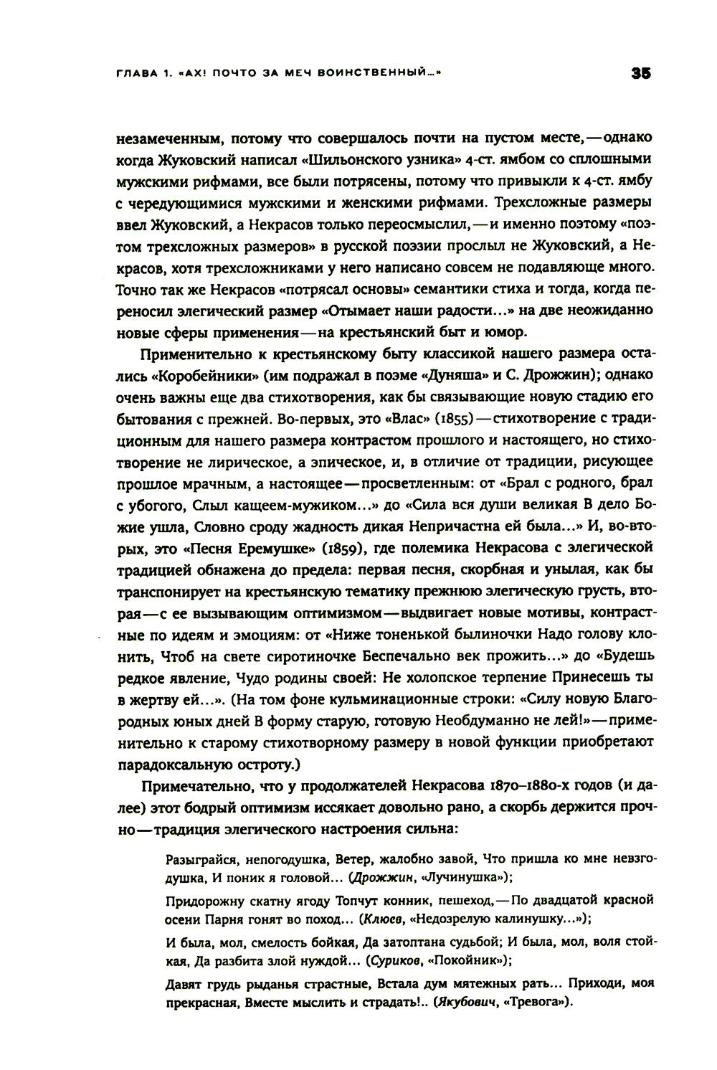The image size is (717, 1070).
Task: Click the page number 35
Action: pyautogui.click(x=640, y=72)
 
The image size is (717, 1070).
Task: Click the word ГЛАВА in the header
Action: pyautogui.click(x=137, y=72)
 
